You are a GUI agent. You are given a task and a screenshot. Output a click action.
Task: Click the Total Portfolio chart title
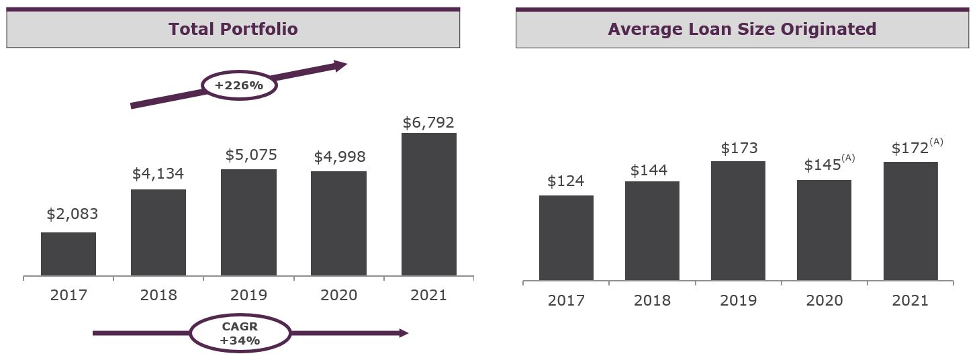(233, 29)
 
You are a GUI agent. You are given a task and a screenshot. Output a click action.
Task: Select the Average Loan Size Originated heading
(742, 29)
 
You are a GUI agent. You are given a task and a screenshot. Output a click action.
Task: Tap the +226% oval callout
(239, 86)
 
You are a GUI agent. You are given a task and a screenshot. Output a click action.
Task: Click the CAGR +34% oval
(240, 333)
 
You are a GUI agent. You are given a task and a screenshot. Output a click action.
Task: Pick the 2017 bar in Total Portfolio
(68, 254)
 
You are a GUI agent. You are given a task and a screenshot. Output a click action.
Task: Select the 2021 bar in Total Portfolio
(429, 204)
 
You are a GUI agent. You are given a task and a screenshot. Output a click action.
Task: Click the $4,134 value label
(158, 174)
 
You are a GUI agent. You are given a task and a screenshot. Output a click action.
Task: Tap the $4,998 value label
(339, 157)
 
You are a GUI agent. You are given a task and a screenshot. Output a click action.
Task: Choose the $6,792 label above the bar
(428, 123)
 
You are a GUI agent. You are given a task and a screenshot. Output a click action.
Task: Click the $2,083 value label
(73, 214)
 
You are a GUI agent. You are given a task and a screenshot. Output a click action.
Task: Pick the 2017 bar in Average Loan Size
(566, 238)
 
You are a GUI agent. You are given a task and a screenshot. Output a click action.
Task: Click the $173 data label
(739, 148)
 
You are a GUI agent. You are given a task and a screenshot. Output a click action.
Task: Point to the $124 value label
(565, 181)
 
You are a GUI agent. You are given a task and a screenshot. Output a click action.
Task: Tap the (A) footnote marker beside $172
(936, 142)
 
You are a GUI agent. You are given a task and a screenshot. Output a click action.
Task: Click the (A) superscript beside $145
(848, 159)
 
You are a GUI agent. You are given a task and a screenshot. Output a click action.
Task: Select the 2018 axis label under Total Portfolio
(158, 295)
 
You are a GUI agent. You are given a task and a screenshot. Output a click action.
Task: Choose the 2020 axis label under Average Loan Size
(824, 300)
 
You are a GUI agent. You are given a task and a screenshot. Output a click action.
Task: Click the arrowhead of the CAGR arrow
(404, 333)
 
